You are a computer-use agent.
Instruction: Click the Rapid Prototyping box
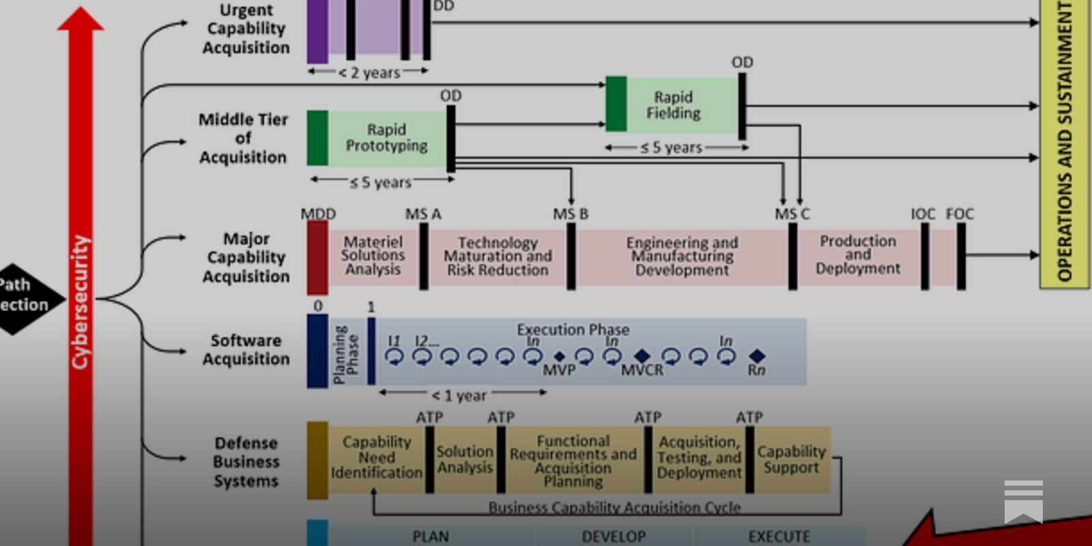pyautogui.click(x=386, y=138)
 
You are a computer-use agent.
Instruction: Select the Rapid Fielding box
pyautogui.click(x=673, y=105)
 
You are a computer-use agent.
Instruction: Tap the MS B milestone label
pyautogui.click(x=571, y=214)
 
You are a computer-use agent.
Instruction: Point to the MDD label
pyautogui.click(x=318, y=214)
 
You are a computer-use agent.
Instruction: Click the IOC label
pyautogui.click(x=923, y=214)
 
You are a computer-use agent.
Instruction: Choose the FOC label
pyautogui.click(x=960, y=214)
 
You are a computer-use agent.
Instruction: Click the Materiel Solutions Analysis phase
pyautogui.click(x=373, y=256)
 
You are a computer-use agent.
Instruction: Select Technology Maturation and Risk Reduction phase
pyautogui.click(x=498, y=257)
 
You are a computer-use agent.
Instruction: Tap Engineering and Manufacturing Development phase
pyautogui.click(x=682, y=257)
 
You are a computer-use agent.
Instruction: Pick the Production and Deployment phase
pyautogui.click(x=858, y=255)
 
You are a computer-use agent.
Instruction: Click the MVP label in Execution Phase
pyautogui.click(x=559, y=370)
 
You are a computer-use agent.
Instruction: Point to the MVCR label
pyautogui.click(x=642, y=370)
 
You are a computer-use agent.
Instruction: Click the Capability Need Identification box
pyautogui.click(x=376, y=457)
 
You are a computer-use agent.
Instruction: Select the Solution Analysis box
pyautogui.click(x=465, y=459)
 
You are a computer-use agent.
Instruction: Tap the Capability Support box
pyautogui.click(x=791, y=459)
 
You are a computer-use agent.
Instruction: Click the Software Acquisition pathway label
pyautogui.click(x=246, y=349)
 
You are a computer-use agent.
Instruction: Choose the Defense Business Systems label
pyautogui.click(x=246, y=462)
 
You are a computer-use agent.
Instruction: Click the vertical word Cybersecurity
pyautogui.click(x=81, y=302)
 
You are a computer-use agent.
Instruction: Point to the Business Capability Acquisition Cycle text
pyautogui.click(x=614, y=507)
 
